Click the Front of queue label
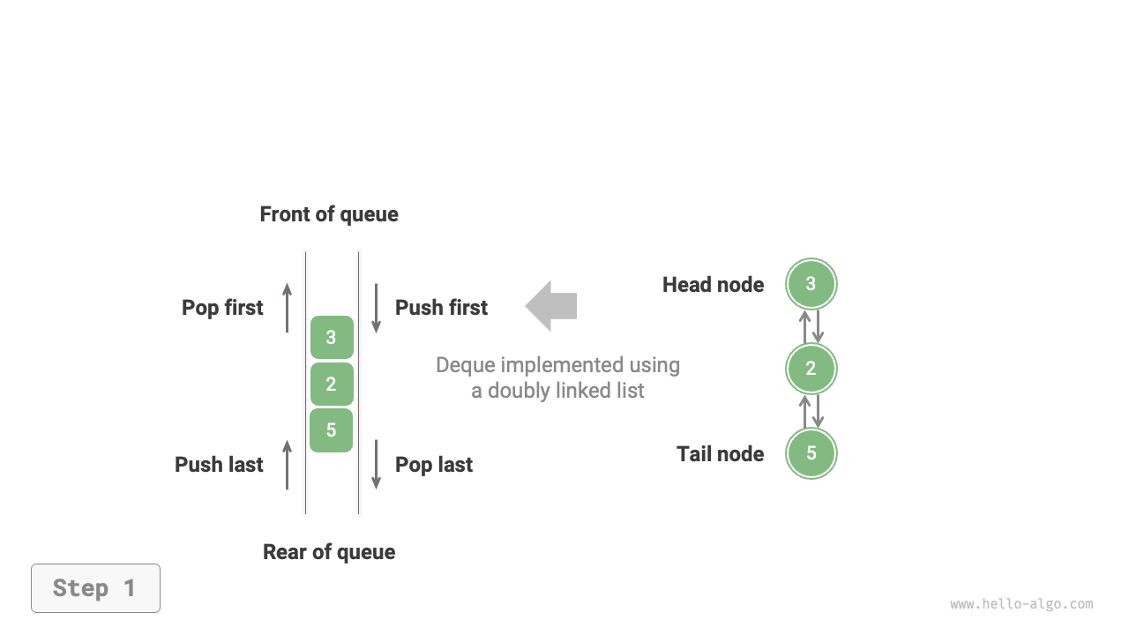(329, 214)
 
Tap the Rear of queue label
(329, 552)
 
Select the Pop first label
(222, 308)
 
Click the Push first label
(441, 308)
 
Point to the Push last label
(219, 465)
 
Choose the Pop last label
(434, 465)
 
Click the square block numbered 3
(332, 338)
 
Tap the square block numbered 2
(332, 385)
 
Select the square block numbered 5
(332, 430)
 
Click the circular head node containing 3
(811, 284)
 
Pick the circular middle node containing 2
(811, 369)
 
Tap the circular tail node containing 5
(811, 453)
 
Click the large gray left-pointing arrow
(552, 306)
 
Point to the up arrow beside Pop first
(287, 308)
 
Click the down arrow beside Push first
(376, 308)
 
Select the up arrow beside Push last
(287, 465)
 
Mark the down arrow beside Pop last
(376, 465)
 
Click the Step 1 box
(95, 588)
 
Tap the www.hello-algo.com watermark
(1021, 604)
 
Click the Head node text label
(713, 285)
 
